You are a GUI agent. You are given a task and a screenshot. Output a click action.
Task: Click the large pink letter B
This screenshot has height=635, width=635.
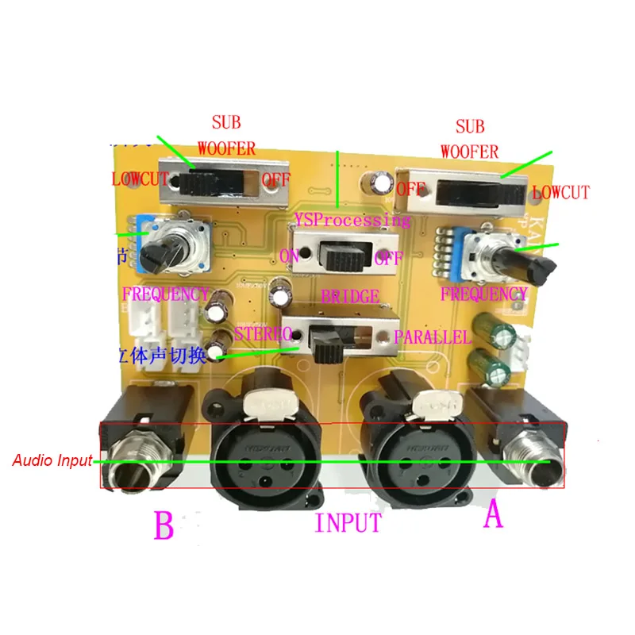click(164, 525)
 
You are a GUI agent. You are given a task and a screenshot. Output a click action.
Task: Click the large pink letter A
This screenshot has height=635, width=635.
click(493, 517)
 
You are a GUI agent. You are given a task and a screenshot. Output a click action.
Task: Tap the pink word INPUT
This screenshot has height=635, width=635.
click(348, 523)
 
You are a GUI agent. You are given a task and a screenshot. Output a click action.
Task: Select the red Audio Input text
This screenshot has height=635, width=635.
click(51, 460)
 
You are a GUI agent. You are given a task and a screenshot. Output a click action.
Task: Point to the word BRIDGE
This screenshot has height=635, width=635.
click(350, 297)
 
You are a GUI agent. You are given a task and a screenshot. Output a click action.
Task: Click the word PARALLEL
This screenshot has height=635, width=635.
click(434, 336)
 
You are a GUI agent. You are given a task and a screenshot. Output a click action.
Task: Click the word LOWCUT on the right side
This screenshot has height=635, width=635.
click(560, 192)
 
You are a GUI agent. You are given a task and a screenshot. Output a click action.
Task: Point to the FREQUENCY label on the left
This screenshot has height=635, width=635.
click(164, 294)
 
